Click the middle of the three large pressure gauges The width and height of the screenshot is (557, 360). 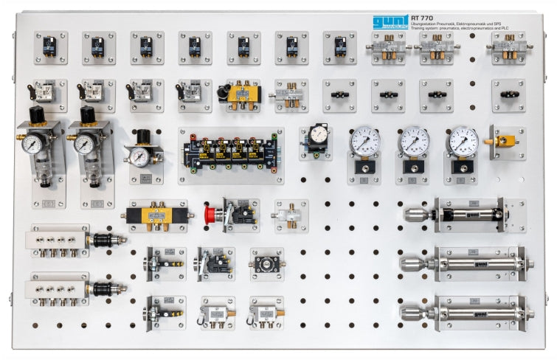coord(414,141)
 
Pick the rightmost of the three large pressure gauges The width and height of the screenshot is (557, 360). coord(463,141)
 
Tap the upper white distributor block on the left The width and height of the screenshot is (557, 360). coord(58,240)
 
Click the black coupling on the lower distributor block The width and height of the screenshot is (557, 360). coord(103,287)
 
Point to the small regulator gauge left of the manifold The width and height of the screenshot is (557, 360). coord(139,155)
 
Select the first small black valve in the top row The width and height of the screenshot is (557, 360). coord(50,47)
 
